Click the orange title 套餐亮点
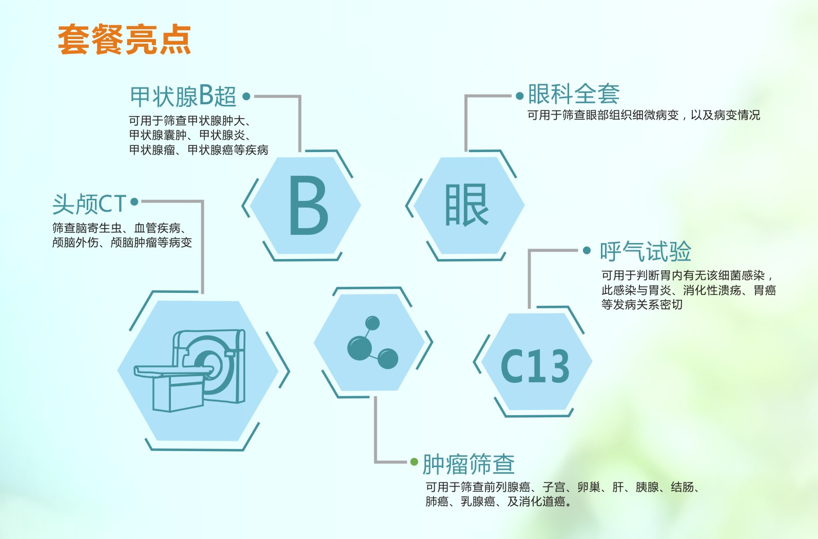pyautogui.click(x=124, y=40)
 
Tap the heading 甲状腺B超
pyautogui.click(x=183, y=96)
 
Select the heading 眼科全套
pyautogui.click(x=573, y=94)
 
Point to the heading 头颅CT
pyautogui.click(x=89, y=204)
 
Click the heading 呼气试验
pyautogui.click(x=646, y=252)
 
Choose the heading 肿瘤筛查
pyautogui.click(x=469, y=464)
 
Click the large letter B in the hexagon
pyautogui.click(x=308, y=206)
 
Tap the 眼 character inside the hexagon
pyautogui.click(x=466, y=206)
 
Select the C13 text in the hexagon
pyautogui.click(x=535, y=366)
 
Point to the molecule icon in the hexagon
pyautogui.click(x=372, y=343)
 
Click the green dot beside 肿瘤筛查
pyautogui.click(x=414, y=462)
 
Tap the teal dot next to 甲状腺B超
pyautogui.click(x=246, y=96)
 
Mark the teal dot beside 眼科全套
pyautogui.click(x=519, y=96)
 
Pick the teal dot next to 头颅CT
pyautogui.click(x=134, y=202)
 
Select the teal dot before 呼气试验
pyautogui.click(x=587, y=251)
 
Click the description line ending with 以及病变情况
pyautogui.click(x=644, y=115)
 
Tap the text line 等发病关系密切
pyautogui.click(x=641, y=305)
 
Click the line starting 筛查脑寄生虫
pyautogui.click(x=119, y=228)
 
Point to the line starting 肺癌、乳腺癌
pyautogui.click(x=498, y=501)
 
